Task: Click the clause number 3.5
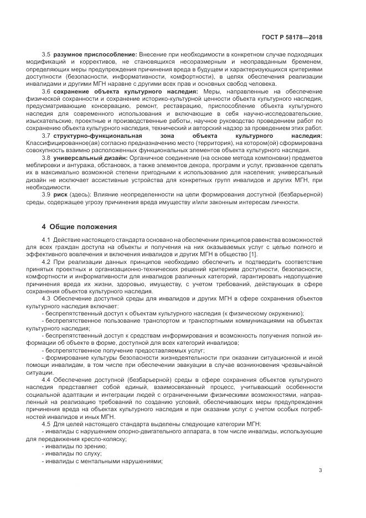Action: pos(46,55)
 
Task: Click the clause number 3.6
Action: pos(46,90)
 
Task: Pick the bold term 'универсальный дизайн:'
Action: pos(90,158)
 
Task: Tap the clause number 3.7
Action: pos(46,136)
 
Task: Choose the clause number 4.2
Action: pos(46,261)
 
